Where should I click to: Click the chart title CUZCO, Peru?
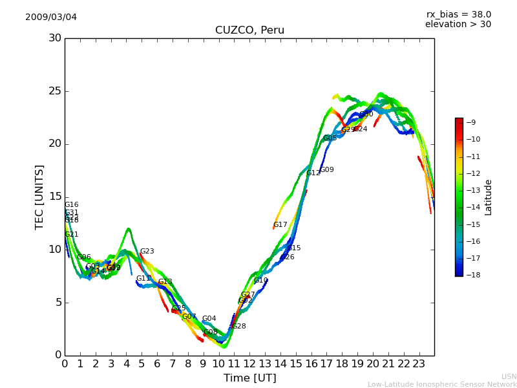(249, 30)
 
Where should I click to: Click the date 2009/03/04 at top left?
(51, 17)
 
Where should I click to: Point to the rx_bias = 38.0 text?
(458, 14)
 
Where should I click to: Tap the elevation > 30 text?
(458, 25)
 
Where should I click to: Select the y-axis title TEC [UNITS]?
(39, 197)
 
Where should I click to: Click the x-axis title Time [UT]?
(249, 378)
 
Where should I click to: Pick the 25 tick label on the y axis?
(54, 91)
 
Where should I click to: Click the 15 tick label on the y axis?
(54, 197)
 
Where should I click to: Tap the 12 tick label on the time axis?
(249, 363)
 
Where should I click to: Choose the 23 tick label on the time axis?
(419, 363)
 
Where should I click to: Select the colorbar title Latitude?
(489, 197)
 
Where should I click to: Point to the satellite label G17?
(280, 225)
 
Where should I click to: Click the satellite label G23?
(147, 252)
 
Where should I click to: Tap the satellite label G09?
(327, 170)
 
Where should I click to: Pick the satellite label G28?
(239, 327)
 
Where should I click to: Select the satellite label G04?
(209, 319)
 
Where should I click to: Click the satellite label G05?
(330, 138)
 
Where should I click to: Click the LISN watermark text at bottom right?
(509, 376)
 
